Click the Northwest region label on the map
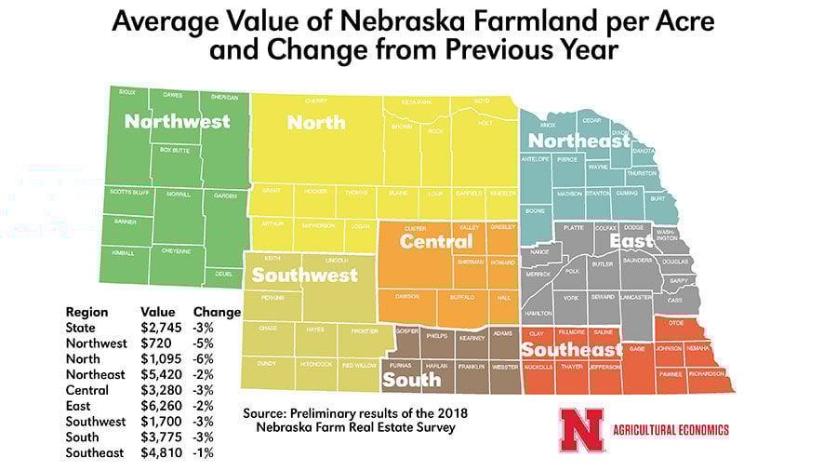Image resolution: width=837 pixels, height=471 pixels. click(178, 122)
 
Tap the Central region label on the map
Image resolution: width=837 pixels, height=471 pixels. click(436, 242)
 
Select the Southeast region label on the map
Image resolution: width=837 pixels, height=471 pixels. click(571, 350)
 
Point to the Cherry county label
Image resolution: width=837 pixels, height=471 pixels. click(315, 101)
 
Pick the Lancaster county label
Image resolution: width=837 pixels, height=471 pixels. click(637, 298)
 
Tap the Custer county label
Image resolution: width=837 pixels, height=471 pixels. click(415, 228)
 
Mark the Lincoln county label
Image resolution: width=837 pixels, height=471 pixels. click(337, 260)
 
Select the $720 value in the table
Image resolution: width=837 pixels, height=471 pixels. click(152, 343)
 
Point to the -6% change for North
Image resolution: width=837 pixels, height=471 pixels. click(203, 359)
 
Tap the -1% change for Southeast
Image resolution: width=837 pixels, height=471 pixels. click(203, 453)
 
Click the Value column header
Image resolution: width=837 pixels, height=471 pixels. click(157, 312)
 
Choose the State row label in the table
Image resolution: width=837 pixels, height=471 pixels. click(81, 328)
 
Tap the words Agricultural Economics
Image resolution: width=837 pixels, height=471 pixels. click(671, 429)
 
